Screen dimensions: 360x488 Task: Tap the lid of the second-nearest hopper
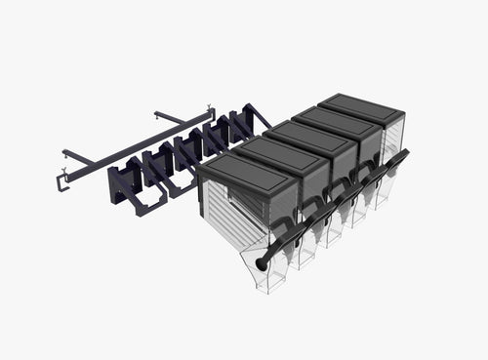[286, 151]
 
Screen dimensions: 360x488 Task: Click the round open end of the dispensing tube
[263, 264]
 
